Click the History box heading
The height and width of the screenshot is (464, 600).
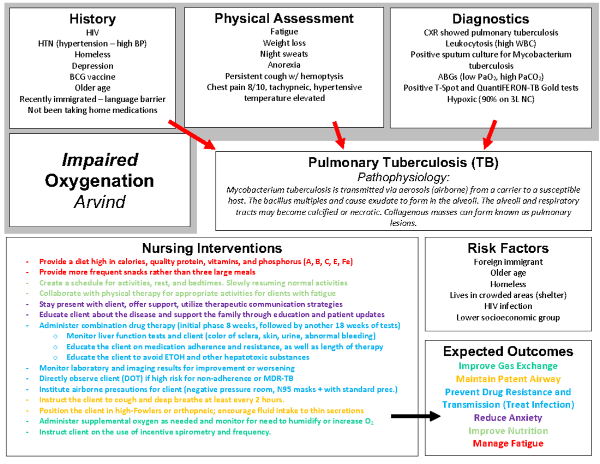tap(92, 20)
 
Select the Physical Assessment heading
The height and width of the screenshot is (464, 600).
tap(284, 19)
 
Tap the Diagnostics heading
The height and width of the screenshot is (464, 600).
tap(490, 19)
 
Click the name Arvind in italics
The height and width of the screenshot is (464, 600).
tap(99, 202)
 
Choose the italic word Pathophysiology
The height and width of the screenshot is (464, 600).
tap(403, 177)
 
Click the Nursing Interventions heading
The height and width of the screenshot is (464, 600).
tap(211, 248)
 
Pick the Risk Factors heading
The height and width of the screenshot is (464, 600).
tap(508, 248)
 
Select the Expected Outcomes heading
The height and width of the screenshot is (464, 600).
tap(508, 351)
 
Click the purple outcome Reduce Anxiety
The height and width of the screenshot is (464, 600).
tap(508, 417)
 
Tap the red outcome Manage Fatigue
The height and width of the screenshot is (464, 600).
tap(508, 443)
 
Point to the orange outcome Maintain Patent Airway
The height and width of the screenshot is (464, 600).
tap(508, 379)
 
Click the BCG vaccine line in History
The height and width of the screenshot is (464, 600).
tap(92, 77)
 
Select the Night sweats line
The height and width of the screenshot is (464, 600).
tap(284, 54)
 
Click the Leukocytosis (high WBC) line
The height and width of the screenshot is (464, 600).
tap(490, 44)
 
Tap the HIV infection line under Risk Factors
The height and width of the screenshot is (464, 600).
tap(508, 306)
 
